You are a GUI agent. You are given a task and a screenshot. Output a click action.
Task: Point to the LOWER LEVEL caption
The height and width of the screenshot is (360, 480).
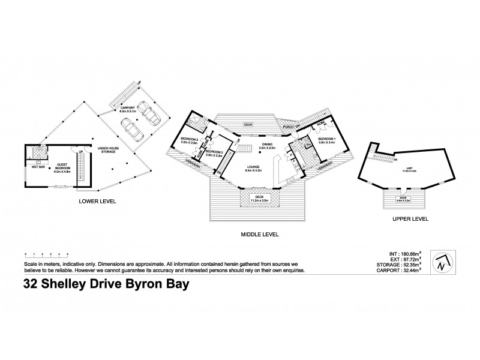96,201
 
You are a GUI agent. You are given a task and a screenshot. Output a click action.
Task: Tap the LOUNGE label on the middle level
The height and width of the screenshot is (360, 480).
251,169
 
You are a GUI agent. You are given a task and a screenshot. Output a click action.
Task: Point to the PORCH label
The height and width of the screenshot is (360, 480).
288,127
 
